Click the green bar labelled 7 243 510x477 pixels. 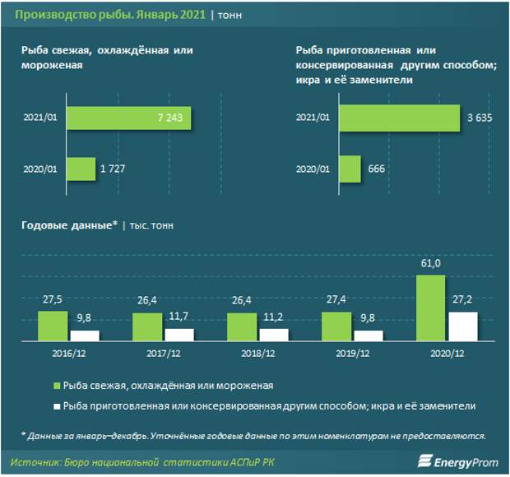point(130,119)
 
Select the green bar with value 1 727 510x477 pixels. point(82,169)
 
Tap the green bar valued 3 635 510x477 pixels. point(400,119)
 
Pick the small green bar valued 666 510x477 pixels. point(350,169)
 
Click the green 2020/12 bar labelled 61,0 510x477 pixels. point(432,308)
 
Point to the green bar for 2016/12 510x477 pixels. point(53,326)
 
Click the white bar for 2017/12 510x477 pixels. point(178,335)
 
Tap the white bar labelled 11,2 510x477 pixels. point(274,335)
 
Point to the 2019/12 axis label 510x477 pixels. point(352,354)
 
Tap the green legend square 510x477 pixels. point(58,385)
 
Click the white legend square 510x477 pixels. point(58,406)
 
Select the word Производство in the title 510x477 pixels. point(50,15)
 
